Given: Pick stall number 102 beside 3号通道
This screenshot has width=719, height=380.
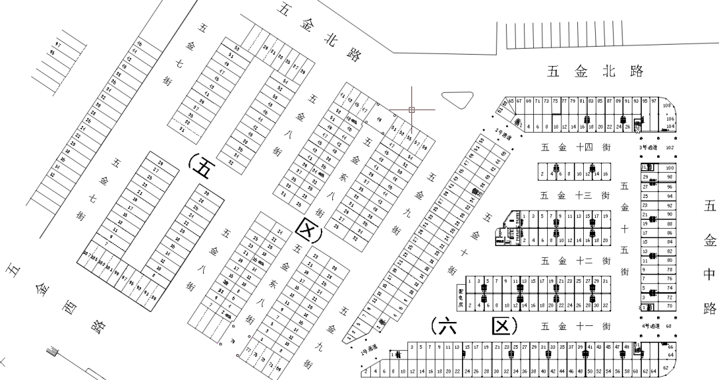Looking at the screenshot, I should click(670, 147).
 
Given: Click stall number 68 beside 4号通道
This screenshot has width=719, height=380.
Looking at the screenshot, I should click(669, 325).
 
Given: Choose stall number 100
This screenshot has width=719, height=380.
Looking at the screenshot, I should click(670, 168).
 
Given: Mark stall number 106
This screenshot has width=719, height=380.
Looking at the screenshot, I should click(670, 119).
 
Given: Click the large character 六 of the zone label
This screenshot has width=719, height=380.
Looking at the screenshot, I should click(443, 325).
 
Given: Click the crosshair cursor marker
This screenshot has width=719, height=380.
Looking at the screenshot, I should click(412, 109).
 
